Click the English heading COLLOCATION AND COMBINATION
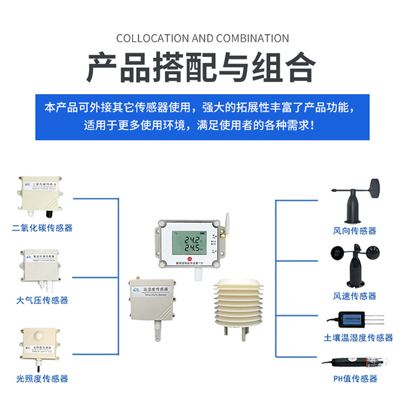pyautogui.click(x=202, y=38)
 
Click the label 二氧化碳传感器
pyautogui.click(x=42, y=227)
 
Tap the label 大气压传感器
pyautogui.click(x=42, y=300)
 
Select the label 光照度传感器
pyautogui.click(x=42, y=379)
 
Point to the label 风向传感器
pyautogui.click(x=355, y=230)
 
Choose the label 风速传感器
pyautogui.click(x=355, y=296)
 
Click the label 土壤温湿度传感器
pyautogui.click(x=358, y=337)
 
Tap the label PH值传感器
pyautogui.click(x=355, y=378)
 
